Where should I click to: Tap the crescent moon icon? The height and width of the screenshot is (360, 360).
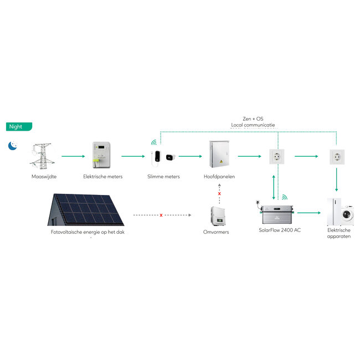pyautogui.click(x=12, y=146)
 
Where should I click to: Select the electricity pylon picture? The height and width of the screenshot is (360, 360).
pyautogui.click(x=41, y=156)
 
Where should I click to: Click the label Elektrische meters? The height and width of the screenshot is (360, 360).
pyautogui.click(x=103, y=177)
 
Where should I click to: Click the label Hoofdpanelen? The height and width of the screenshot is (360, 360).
pyautogui.click(x=219, y=177)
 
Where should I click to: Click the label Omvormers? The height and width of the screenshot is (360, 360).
pyautogui.click(x=216, y=232)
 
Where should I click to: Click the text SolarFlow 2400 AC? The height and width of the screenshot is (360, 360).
pyautogui.click(x=280, y=230)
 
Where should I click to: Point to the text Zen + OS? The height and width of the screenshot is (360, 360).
pyautogui.click(x=253, y=119)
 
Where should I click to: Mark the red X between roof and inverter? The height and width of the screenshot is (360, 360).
pyautogui.click(x=161, y=215)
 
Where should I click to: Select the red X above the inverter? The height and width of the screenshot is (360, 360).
pyautogui.click(x=219, y=194)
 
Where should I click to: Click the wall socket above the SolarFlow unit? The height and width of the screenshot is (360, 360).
pyautogui.click(x=276, y=156)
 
